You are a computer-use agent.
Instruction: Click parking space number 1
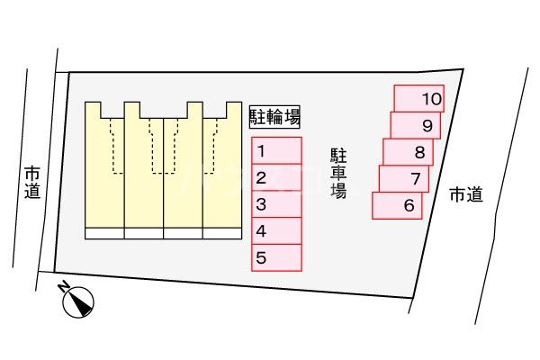coord(275,150)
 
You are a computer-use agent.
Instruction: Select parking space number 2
coord(275,177)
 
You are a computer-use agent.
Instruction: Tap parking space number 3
coord(275,204)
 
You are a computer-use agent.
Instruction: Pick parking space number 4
coord(275,231)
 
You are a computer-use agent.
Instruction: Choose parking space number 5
coord(275,258)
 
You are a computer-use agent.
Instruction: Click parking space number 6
coord(398,205)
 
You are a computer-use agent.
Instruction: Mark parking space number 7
coord(404,178)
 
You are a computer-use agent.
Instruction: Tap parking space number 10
coord(419,97)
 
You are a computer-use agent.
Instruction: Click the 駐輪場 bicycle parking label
coord(274,115)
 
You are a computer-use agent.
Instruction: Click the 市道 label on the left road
coord(32,181)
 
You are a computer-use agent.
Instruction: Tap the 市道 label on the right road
coord(465,194)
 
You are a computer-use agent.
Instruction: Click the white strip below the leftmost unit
coord(103,233)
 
